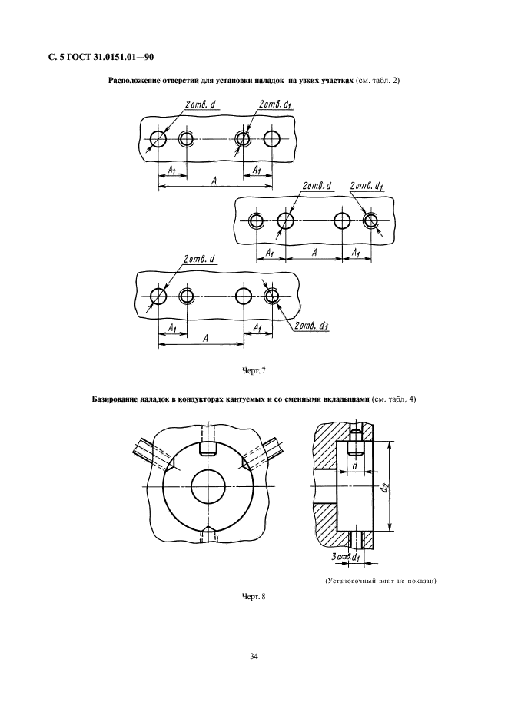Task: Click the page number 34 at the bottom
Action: pos(254,657)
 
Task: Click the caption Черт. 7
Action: pos(254,371)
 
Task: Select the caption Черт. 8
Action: pos(254,597)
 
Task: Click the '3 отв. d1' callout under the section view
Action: pos(346,557)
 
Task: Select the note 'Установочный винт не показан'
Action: pos(380,581)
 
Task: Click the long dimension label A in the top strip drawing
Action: pos(214,181)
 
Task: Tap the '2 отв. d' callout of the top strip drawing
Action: pos(200,104)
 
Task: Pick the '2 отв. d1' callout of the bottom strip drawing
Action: pos(311,326)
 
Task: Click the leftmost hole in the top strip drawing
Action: pos(158,138)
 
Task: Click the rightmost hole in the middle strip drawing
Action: pos(370,221)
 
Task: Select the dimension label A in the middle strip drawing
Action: pos(314,252)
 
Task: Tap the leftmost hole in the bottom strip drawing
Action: pos(158,297)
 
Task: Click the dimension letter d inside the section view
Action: pos(354,466)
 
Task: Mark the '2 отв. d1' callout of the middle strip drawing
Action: pos(367,186)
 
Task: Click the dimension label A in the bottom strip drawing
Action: pos(206,339)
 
